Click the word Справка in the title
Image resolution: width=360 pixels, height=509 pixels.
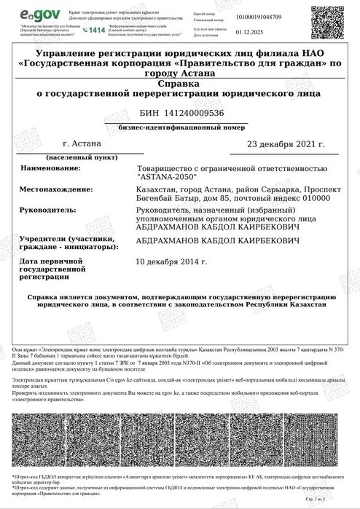[179, 84]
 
